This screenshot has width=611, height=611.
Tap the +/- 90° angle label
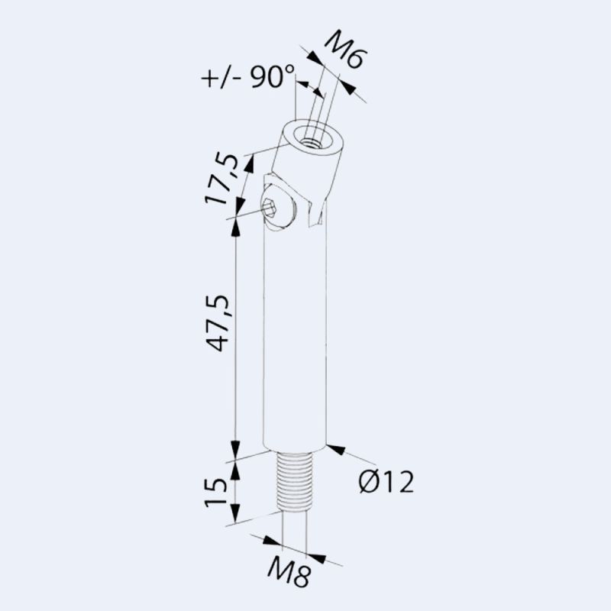coord(248,77)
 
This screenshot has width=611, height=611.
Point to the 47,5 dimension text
coord(221,325)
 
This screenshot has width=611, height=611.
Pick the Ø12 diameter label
coord(386,482)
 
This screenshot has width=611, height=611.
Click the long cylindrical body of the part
coord(295,344)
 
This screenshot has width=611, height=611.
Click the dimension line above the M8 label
coord(294,550)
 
